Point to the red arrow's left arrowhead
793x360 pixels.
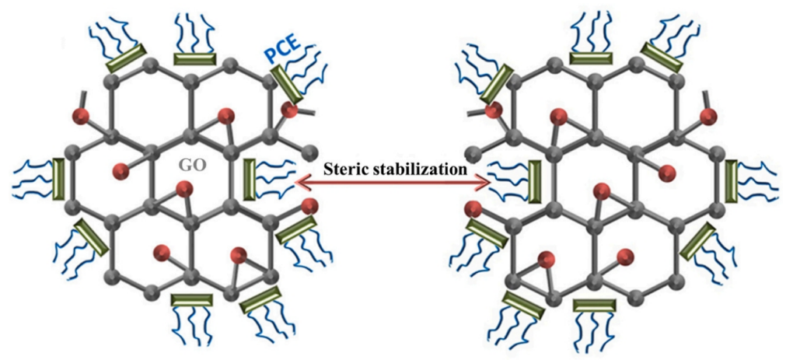click(301, 182)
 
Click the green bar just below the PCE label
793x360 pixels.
click(288, 84)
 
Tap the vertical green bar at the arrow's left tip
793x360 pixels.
click(249, 179)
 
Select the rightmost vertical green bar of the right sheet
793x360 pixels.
click(730, 179)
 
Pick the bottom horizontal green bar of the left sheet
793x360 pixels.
click(191, 300)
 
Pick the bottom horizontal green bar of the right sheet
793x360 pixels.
click(594, 305)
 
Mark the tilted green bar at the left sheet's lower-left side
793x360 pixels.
click(92, 237)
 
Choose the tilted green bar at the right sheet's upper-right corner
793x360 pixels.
click(662, 58)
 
